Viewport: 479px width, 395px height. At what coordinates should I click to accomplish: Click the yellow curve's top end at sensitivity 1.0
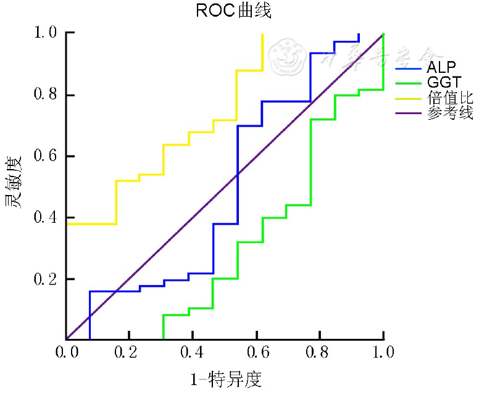tap(262, 34)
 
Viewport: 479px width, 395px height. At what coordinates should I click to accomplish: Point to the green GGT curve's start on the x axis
tap(164, 339)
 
